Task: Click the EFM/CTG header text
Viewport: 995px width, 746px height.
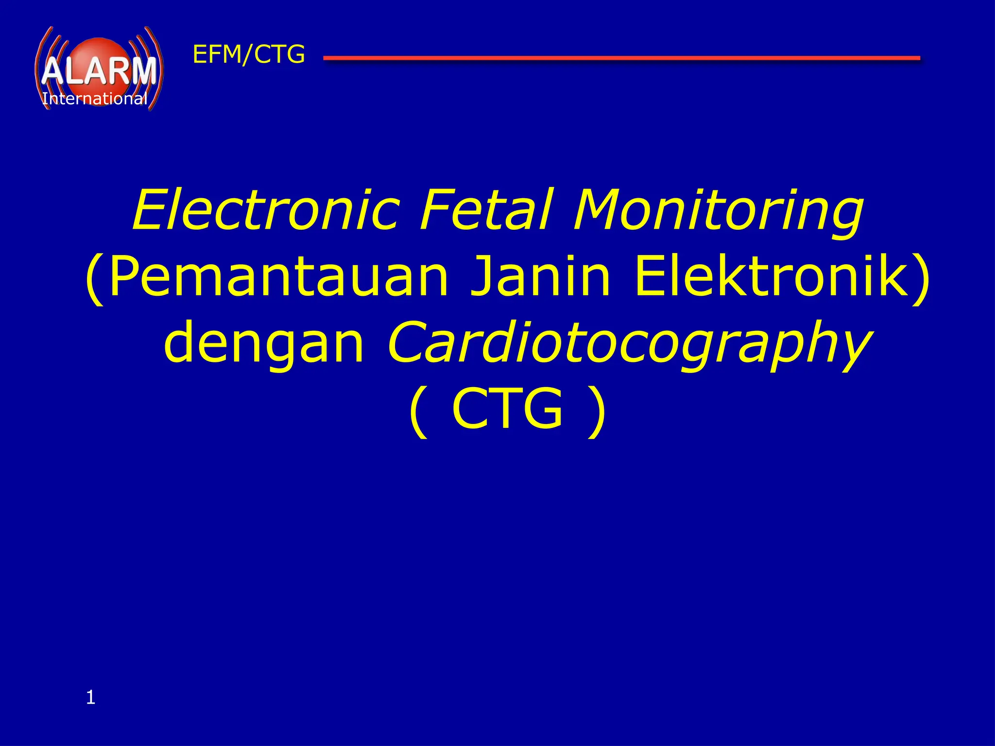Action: (249, 54)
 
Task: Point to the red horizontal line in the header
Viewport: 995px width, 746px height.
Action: (621, 58)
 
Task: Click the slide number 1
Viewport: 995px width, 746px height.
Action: (90, 698)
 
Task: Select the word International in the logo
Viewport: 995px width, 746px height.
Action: (95, 99)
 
